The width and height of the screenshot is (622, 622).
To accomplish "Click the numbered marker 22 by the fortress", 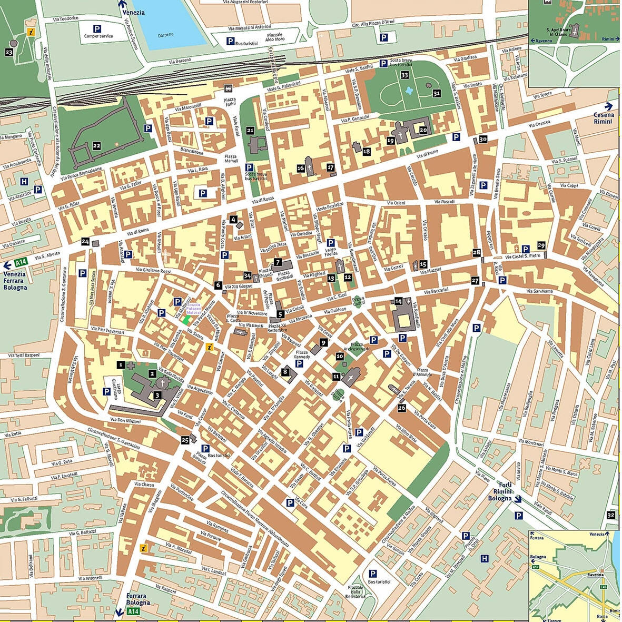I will pos(96,145).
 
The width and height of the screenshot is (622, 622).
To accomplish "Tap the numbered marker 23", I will pos(8,52).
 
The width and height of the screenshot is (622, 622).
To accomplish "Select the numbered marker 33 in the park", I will pos(404,75).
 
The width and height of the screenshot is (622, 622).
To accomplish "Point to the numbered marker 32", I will pos(610,515).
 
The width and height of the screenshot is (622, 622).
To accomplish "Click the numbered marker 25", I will pos(185,440).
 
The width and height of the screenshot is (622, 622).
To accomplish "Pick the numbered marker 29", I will pos(541,245).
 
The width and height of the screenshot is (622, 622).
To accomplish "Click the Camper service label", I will pos(98,36).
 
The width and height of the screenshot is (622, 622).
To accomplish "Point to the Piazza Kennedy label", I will pos(302,354).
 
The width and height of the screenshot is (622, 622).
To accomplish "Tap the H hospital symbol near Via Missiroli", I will pos(485,558).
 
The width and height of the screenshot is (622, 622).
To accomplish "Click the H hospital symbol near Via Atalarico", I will pos(24,182).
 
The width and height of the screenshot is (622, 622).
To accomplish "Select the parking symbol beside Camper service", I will pos(97,28).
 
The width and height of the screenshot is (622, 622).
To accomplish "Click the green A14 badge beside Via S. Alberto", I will pos(21,262).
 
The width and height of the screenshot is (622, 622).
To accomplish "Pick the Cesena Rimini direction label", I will pos(604,118).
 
